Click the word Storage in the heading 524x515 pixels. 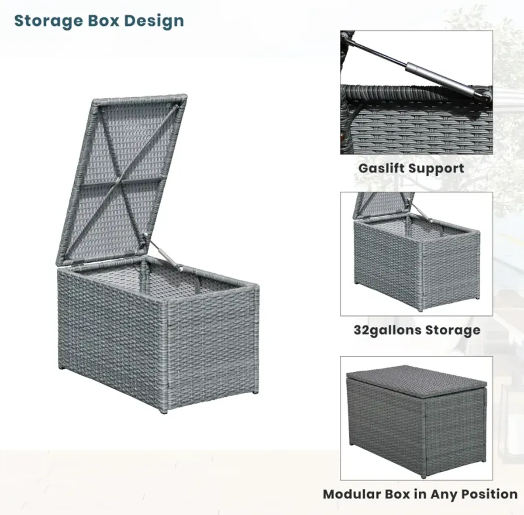pyautogui.click(x=48, y=21)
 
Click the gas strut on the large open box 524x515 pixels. pyautogui.click(x=162, y=252)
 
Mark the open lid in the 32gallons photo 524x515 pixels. pyautogui.click(x=383, y=205)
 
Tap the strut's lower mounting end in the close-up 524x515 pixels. pyautogui.click(x=484, y=97)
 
